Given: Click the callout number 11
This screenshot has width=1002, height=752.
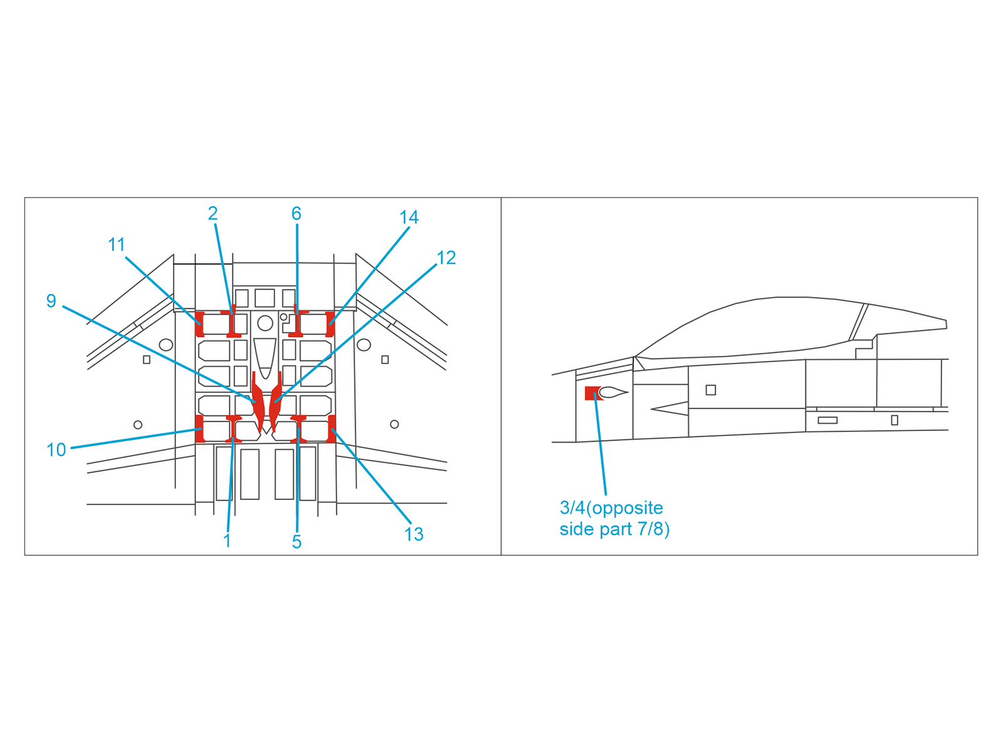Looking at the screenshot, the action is (x=116, y=245).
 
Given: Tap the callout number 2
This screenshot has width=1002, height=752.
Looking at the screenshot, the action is (x=213, y=214).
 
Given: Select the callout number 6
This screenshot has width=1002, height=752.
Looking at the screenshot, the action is (x=296, y=214).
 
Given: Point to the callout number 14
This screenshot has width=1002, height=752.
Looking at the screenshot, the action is (x=408, y=217).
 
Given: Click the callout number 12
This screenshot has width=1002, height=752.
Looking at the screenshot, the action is (x=446, y=258).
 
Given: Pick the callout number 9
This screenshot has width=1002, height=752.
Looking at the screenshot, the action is (x=51, y=301).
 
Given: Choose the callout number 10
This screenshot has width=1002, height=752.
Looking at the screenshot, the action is (x=56, y=450).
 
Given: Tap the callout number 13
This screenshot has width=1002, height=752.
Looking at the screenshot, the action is (x=413, y=534).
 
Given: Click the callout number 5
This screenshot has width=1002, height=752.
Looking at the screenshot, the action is (x=297, y=542).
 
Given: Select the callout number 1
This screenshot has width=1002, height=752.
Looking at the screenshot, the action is (x=227, y=541).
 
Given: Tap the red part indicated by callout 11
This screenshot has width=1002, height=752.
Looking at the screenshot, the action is (x=200, y=324).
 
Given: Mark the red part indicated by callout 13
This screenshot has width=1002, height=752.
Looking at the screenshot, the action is (x=332, y=429).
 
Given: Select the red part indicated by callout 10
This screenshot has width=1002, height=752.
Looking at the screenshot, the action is (x=200, y=429).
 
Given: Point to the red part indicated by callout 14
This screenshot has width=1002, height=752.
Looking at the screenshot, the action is (x=330, y=324).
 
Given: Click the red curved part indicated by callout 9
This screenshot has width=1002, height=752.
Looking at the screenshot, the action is (x=258, y=402).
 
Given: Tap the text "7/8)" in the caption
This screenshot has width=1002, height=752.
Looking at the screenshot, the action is (x=654, y=529).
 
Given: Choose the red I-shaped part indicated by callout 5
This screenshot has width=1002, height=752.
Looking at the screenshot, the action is (x=299, y=429).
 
